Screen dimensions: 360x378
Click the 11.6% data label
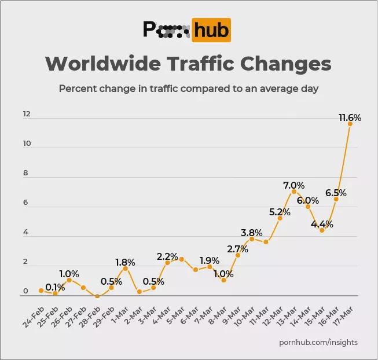(x=350, y=118)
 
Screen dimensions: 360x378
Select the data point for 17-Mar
(x=350, y=123)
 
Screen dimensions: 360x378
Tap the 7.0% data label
(x=293, y=185)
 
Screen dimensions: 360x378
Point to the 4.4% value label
(x=321, y=223)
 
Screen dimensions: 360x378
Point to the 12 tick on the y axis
(x=26, y=114)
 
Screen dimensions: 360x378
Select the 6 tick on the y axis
(x=25, y=203)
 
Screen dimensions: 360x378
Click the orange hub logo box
(x=212, y=30)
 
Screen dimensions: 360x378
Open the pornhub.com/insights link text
(x=318, y=342)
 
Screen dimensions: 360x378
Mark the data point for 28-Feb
(x=97, y=296)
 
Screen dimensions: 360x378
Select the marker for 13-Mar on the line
(x=293, y=192)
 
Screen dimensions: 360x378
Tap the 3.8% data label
(x=251, y=233)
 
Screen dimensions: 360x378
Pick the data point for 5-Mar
(x=181, y=259)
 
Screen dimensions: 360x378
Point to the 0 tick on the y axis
(x=26, y=292)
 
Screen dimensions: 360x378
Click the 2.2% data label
(x=167, y=256)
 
